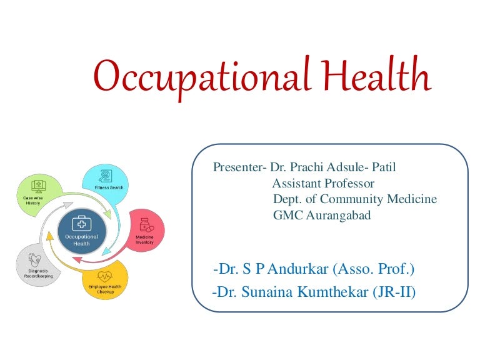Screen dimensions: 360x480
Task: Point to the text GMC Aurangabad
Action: [322, 216]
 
